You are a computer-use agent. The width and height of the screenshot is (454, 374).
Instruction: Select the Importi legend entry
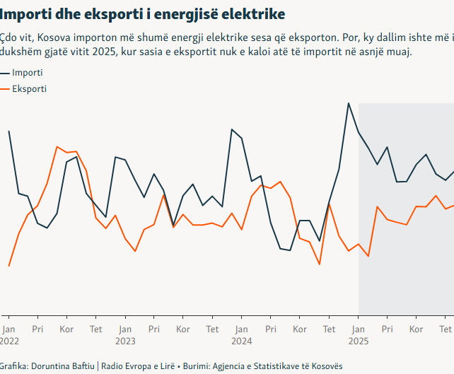[x=27, y=73]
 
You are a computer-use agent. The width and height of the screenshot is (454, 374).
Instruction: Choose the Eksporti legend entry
[x=30, y=89]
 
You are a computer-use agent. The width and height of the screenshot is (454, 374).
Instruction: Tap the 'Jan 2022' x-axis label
[x=9, y=334]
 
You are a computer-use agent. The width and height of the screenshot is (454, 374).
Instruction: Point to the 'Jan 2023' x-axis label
[x=125, y=334]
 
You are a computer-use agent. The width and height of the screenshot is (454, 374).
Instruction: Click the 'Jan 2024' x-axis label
[x=242, y=334]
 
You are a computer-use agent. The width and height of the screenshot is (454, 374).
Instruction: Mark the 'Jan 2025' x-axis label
[x=359, y=334]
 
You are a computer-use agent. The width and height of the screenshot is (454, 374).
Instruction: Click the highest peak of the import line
[x=349, y=103]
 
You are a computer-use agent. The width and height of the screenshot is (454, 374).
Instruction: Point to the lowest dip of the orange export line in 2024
[x=320, y=264]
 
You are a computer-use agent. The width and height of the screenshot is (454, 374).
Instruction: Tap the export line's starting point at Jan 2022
[x=8, y=266]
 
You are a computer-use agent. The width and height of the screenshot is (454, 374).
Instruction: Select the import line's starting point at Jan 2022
[x=9, y=131]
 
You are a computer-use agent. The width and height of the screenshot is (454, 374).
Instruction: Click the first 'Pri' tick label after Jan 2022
[x=37, y=329]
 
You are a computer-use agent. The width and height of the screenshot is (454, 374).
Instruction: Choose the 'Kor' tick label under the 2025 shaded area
[x=417, y=329]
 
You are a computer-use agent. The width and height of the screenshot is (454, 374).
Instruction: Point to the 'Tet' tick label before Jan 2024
[x=212, y=329]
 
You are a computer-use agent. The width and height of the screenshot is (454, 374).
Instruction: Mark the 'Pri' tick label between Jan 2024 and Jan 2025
[x=271, y=329]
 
